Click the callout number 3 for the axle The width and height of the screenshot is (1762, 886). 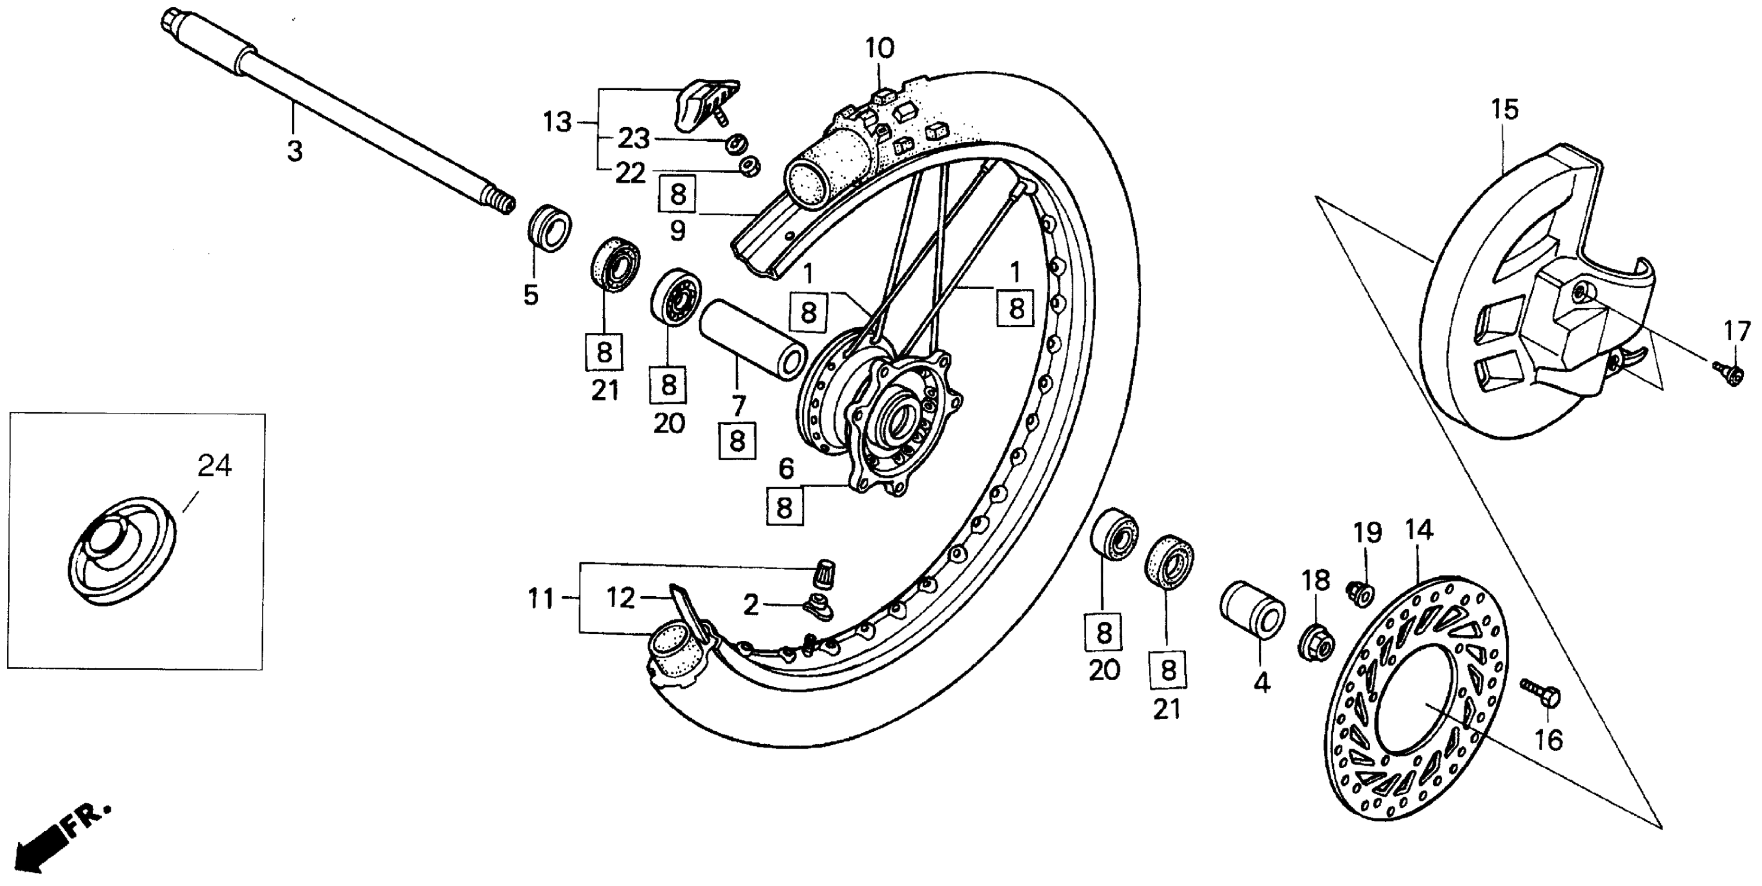(x=294, y=151)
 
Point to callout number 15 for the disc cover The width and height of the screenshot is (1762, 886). (x=1504, y=109)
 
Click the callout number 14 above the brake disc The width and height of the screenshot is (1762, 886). (x=1419, y=530)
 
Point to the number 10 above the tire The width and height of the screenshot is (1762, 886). (x=879, y=50)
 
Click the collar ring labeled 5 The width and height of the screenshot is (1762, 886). (x=550, y=227)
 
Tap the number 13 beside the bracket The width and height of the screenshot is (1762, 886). (x=557, y=123)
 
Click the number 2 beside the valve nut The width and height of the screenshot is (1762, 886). (x=751, y=605)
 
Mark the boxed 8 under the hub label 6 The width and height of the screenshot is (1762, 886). (x=785, y=508)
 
